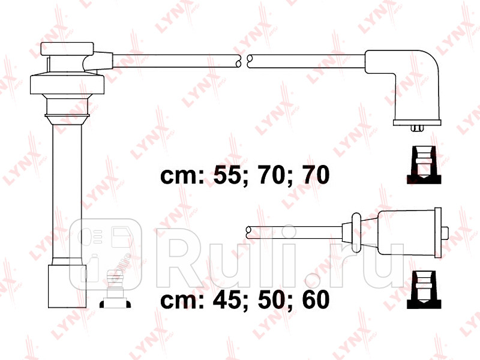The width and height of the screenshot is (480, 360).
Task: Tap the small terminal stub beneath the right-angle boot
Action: (417, 128)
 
